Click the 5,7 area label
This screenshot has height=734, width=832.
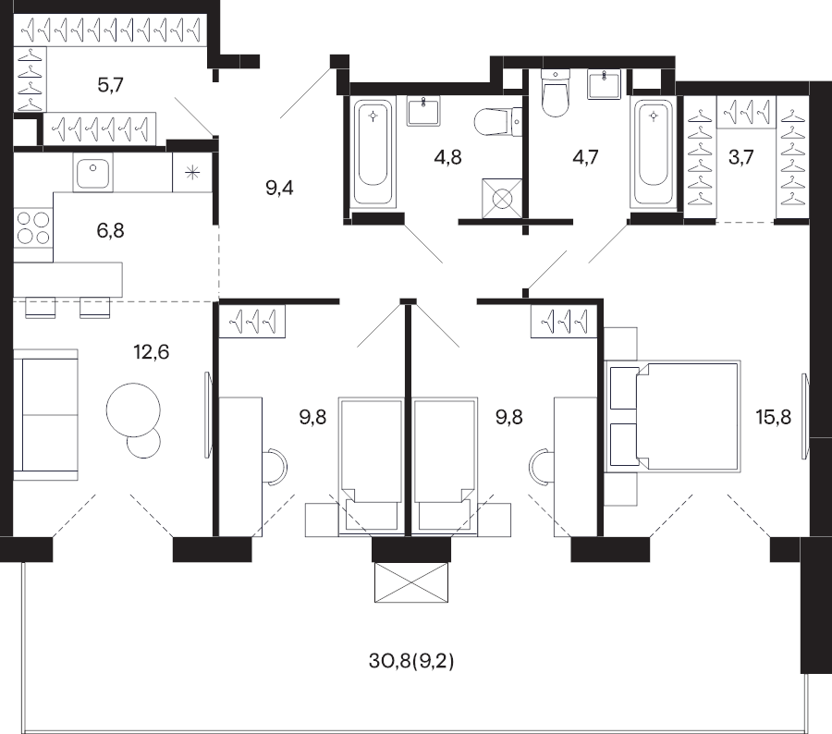click(x=110, y=85)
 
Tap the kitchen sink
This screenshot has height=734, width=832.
click(x=92, y=173)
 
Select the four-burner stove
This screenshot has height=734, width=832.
click(x=33, y=226)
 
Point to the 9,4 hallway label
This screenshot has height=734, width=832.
click(x=279, y=188)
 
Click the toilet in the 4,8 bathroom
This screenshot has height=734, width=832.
click(x=497, y=122)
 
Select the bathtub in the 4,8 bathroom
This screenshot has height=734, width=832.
click(x=373, y=153)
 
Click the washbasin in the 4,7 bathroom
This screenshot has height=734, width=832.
click(x=604, y=84)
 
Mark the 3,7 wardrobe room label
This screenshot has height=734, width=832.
click(x=740, y=157)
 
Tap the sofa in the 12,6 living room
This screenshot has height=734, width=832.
click(x=45, y=414)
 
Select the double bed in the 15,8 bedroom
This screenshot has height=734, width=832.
click(x=673, y=417)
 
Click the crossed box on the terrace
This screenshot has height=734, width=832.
click(x=411, y=582)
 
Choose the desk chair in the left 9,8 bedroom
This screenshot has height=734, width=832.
click(x=275, y=466)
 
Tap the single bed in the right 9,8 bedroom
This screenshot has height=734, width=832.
click(x=444, y=465)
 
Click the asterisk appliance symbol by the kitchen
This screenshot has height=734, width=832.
click(x=192, y=173)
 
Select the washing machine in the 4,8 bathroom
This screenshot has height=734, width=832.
click(x=502, y=199)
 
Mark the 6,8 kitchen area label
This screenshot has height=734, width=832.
click(x=110, y=231)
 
